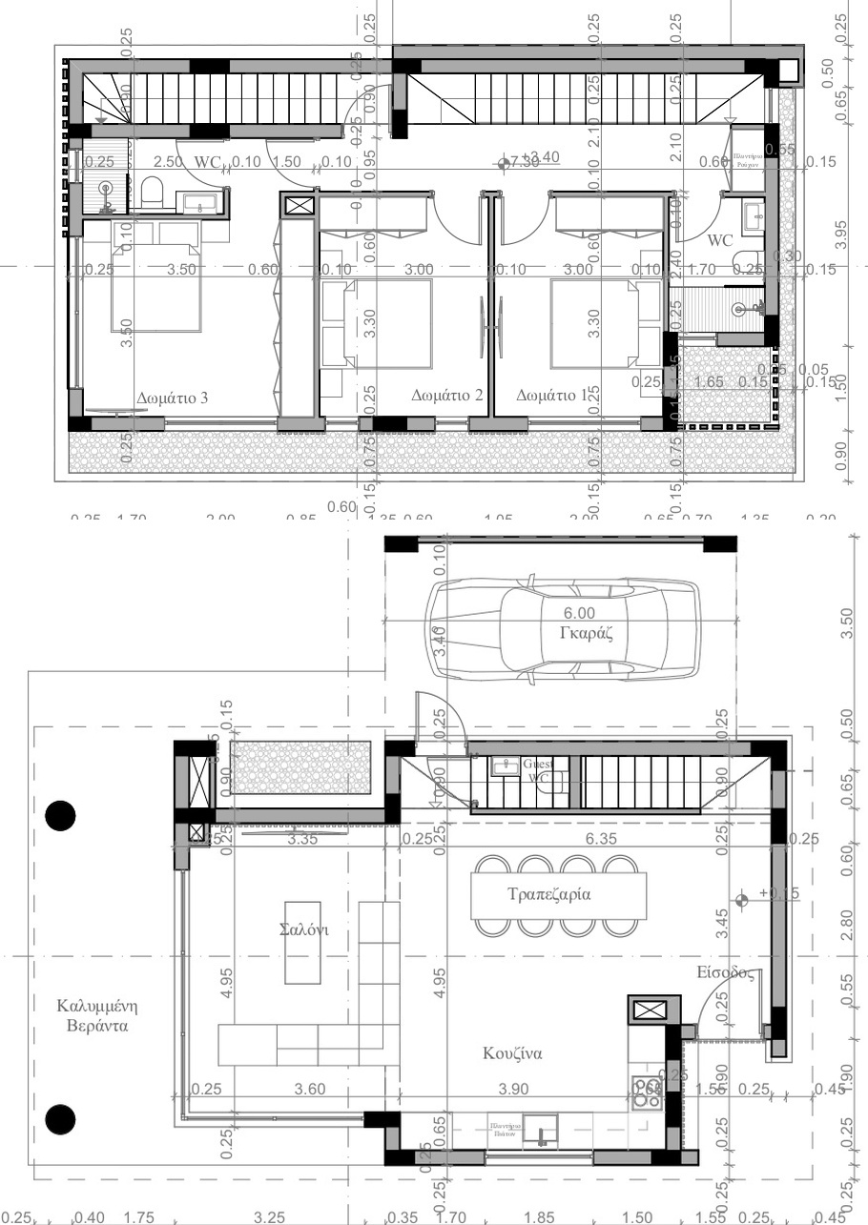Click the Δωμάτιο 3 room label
point(173,398)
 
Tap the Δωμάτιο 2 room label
point(448,395)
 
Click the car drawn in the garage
point(563,631)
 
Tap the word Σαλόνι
point(303,930)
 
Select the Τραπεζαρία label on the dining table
point(549,895)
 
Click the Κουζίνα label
point(512,1053)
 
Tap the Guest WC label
point(536,770)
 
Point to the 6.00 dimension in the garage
point(578,613)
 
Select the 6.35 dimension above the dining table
point(602,839)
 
